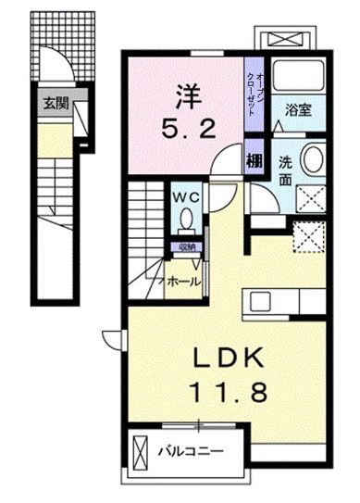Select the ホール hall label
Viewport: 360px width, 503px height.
tap(183, 279)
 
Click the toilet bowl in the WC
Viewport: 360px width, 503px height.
tap(186, 221)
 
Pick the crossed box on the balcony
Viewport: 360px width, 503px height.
tap(140, 454)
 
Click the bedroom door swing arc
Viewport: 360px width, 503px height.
tap(222, 163)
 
